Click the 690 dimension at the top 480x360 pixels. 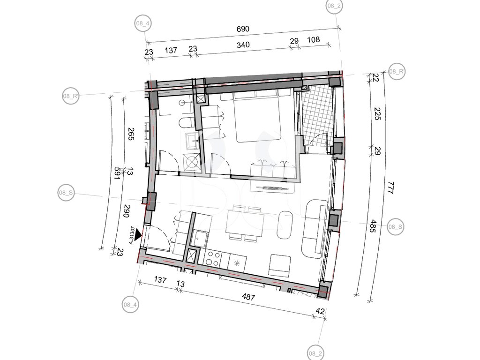(243, 29)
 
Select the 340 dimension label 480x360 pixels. (243, 45)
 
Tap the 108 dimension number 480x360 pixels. (313, 39)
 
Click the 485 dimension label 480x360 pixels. (373, 226)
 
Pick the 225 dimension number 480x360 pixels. (377, 113)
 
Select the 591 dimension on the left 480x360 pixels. (117, 174)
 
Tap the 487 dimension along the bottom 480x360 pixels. (248, 297)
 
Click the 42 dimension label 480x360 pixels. (320, 311)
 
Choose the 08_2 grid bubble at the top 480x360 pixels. (334, 6)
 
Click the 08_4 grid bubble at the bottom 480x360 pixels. (130, 304)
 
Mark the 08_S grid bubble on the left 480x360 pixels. (66, 193)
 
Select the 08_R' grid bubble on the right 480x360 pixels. (397, 72)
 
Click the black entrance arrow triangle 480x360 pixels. (138, 234)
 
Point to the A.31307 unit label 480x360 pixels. (132, 235)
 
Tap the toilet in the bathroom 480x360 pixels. (186, 122)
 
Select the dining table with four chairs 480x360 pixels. (245, 223)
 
